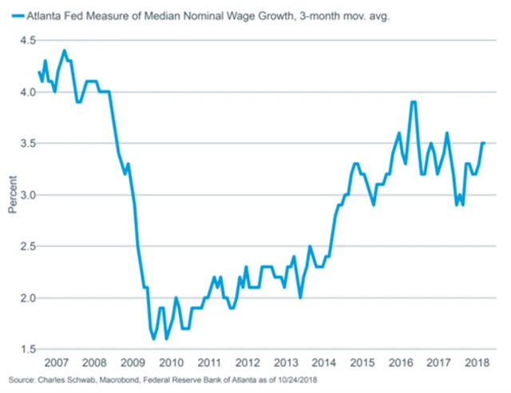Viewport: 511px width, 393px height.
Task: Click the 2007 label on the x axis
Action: (x=56, y=364)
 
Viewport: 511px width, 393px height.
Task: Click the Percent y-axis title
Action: (x=11, y=195)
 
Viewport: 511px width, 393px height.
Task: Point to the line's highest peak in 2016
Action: (x=413, y=102)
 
